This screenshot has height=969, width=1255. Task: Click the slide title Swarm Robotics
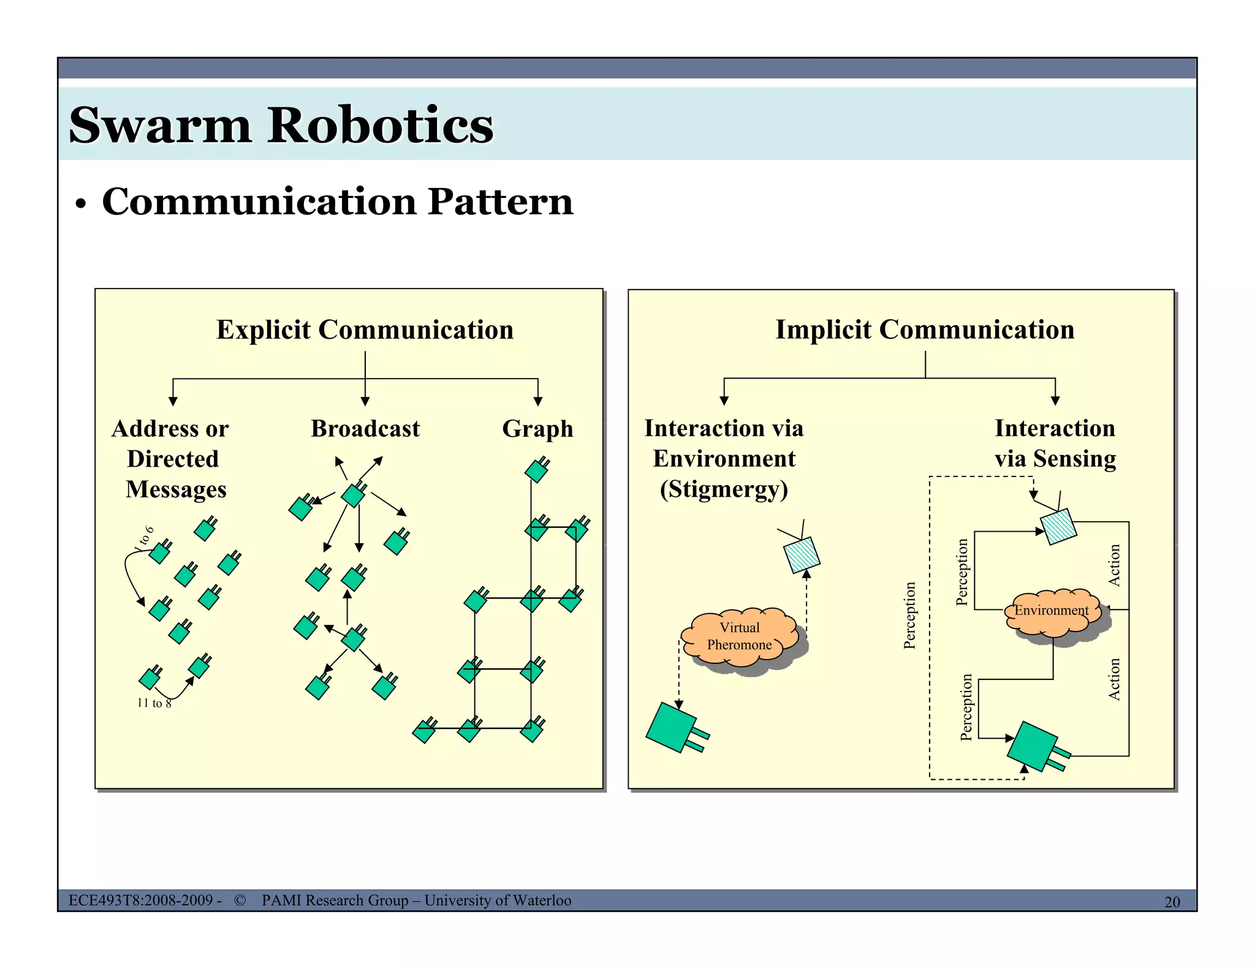pos(281,125)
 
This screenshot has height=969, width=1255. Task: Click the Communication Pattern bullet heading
pos(337,202)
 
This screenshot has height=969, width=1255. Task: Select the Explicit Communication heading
pos(365,330)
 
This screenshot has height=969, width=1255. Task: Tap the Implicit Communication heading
pos(924,330)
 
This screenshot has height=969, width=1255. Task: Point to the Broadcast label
pos(365,429)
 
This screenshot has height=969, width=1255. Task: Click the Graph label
pos(537,429)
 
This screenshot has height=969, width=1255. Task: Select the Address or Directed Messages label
pos(173,459)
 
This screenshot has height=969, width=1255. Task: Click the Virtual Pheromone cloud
pos(740,637)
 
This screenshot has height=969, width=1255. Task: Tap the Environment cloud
pos(1052,611)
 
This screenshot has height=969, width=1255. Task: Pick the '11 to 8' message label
pos(154,703)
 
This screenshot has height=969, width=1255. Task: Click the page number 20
pos(1172,902)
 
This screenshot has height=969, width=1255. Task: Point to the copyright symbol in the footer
pos(240,900)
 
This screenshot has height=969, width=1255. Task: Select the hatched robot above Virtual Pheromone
pos(802,554)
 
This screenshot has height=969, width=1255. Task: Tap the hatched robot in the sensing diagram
pos(1058,526)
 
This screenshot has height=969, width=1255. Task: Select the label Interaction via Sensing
pos(1055,443)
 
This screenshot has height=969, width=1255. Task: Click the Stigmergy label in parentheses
pos(724,489)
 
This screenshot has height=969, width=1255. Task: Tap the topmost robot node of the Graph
pos(536,470)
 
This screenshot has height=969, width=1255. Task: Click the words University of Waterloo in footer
pos(498,900)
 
